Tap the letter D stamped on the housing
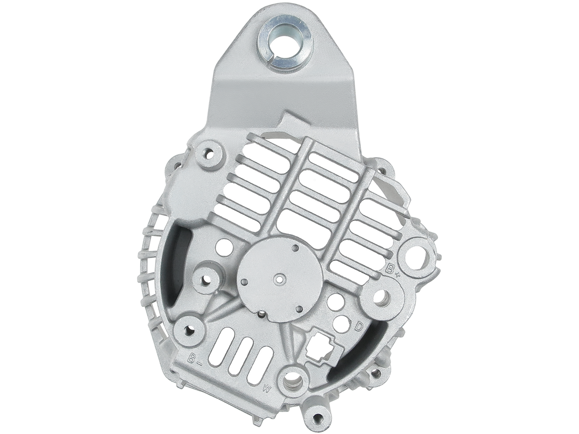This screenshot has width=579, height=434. (x=359, y=326)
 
